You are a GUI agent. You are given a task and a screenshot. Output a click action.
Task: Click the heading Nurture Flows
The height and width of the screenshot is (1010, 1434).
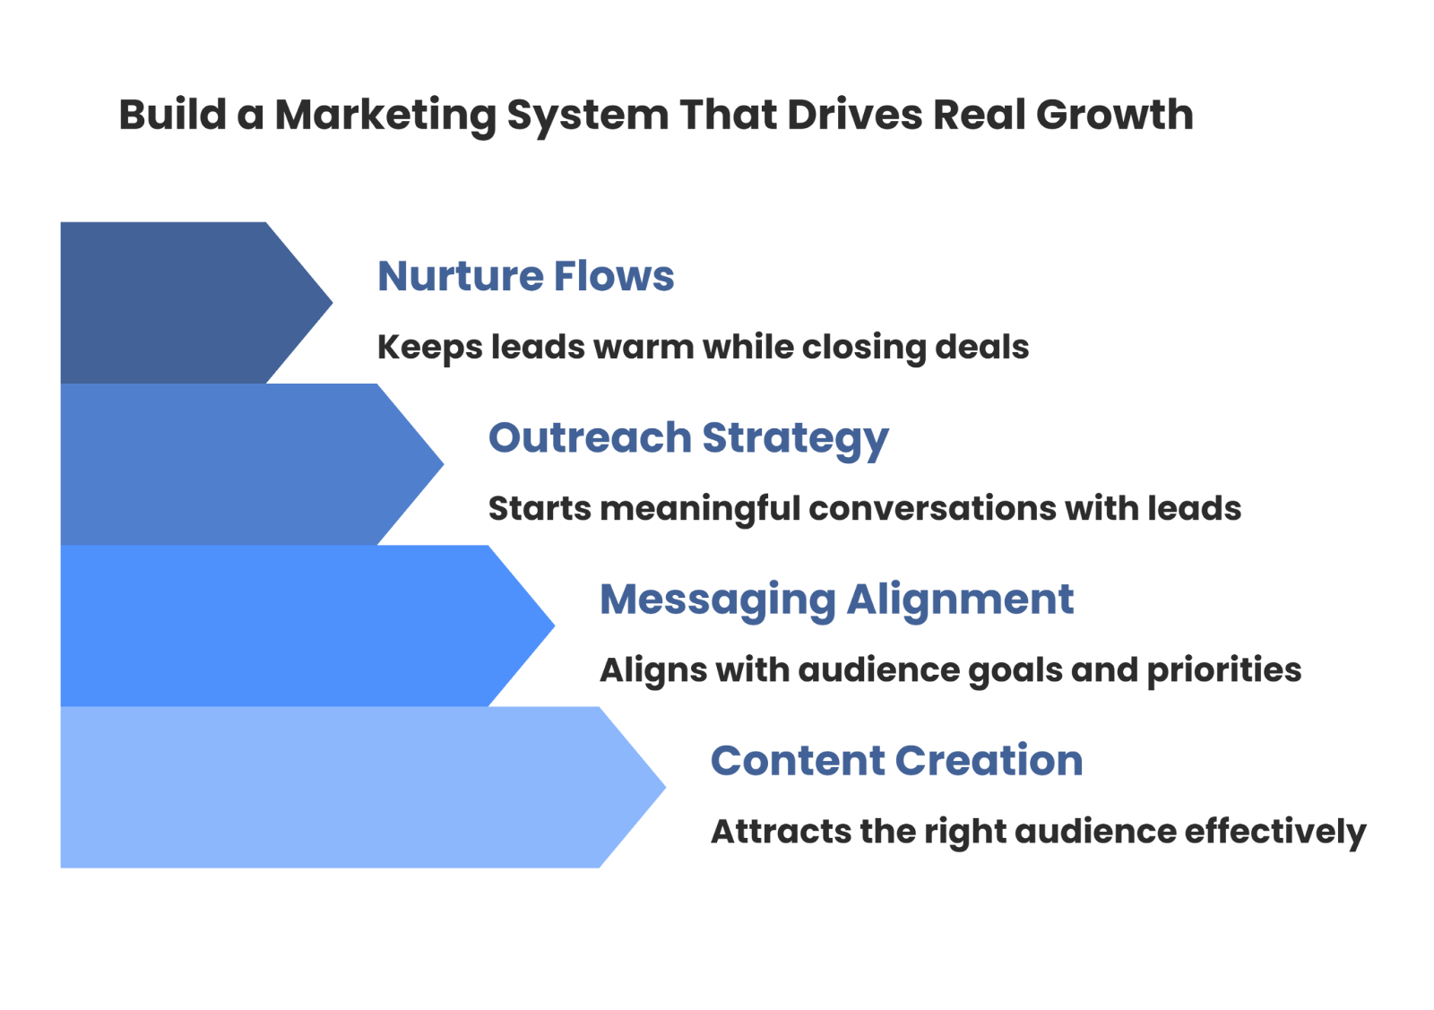pyautogui.click(x=525, y=276)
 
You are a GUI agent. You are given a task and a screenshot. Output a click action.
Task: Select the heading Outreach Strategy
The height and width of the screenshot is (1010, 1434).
pyautogui.click(x=687, y=438)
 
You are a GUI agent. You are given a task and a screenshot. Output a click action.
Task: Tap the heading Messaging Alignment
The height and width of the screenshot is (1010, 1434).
pyautogui.click(x=836, y=600)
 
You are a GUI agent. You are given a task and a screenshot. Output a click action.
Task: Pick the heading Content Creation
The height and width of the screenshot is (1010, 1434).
pyautogui.click(x=896, y=761)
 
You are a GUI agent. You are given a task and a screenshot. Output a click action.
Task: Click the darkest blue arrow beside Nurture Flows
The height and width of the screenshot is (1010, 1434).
pyautogui.click(x=179, y=302)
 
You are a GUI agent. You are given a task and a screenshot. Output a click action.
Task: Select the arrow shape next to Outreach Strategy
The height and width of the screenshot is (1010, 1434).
pyautogui.click(x=233, y=464)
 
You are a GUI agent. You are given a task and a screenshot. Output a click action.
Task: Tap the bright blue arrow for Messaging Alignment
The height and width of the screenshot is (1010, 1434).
pyautogui.click(x=287, y=626)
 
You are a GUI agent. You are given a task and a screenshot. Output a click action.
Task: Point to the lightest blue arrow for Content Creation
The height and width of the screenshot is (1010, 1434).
pyautogui.click(x=341, y=788)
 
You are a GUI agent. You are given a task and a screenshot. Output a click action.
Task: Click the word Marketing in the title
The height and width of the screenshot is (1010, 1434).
pyautogui.click(x=385, y=116)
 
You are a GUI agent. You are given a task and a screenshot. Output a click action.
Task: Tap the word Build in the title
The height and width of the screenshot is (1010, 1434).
pyautogui.click(x=172, y=116)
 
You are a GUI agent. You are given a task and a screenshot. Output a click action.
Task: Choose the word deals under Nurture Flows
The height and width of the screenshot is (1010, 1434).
pyautogui.click(x=981, y=347)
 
